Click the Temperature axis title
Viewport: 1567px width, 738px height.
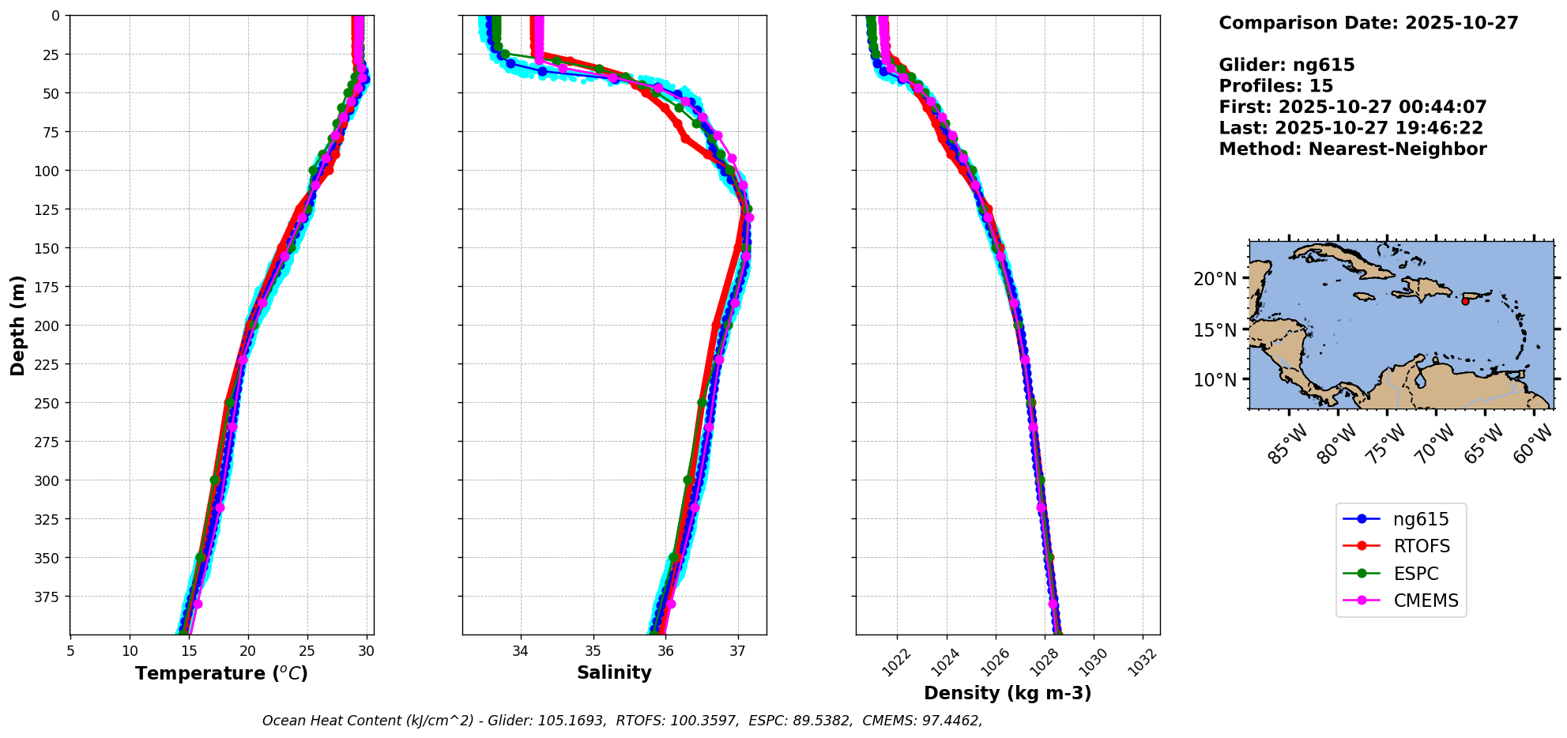click(x=221, y=673)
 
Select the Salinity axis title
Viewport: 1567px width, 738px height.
click(x=614, y=672)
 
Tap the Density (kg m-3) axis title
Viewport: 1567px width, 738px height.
click(x=1008, y=693)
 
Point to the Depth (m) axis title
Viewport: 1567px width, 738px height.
click(x=18, y=325)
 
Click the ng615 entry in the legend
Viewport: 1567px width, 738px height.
click(x=1421, y=519)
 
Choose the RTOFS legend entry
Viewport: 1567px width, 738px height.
click(x=1421, y=546)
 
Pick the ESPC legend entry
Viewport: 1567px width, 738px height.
click(x=1415, y=574)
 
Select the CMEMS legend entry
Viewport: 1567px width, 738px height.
click(x=1426, y=601)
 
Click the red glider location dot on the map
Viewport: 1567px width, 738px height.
click(x=1465, y=301)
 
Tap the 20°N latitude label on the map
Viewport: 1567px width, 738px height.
click(x=1215, y=279)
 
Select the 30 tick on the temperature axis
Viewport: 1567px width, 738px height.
click(x=366, y=651)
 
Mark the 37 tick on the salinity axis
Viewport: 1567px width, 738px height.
click(x=738, y=651)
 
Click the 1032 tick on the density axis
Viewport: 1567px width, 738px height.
click(x=1143, y=662)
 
